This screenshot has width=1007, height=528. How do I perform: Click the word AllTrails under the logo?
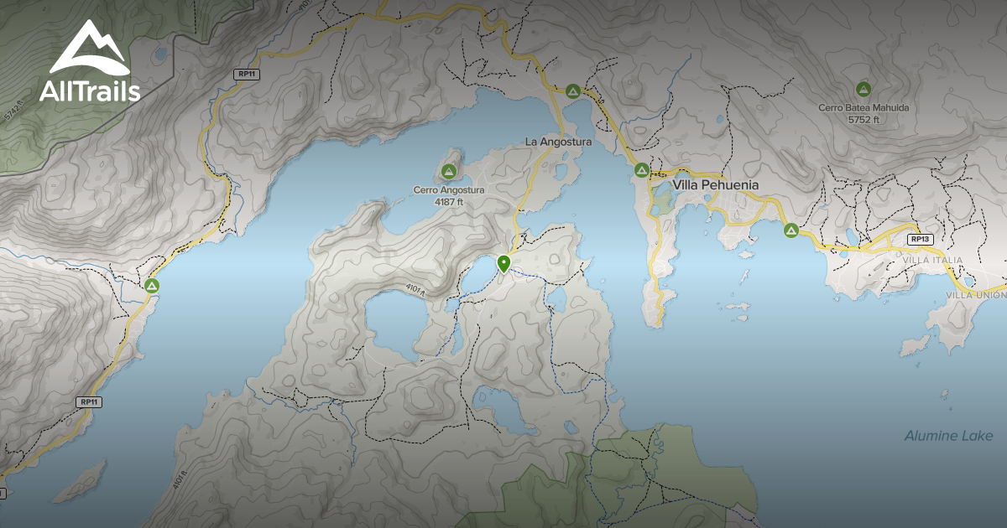pos(90,91)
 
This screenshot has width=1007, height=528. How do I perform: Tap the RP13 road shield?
pos(920,239)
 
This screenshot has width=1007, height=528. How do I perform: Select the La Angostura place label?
pos(558,142)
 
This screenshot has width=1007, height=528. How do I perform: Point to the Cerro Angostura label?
pos(449,190)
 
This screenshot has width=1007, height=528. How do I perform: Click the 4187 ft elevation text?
pos(449,202)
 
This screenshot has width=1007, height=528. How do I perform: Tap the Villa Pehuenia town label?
pos(716,184)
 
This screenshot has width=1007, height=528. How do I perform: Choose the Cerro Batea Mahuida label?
pos(864,108)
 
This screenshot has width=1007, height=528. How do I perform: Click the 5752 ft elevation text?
pos(864,120)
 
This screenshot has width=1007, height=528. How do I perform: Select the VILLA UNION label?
pos(975,295)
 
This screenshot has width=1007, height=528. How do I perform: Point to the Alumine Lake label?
pos(948,436)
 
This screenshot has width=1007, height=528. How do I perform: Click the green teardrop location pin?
pos(503,263)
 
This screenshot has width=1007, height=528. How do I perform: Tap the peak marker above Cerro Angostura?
pos(449,173)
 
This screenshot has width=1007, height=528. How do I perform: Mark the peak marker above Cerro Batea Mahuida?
pos(863,89)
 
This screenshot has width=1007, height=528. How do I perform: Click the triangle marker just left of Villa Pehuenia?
pos(641,171)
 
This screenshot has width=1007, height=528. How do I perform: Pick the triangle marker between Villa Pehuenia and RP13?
pos(790,230)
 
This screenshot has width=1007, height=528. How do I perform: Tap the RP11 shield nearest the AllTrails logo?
pos(246,75)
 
